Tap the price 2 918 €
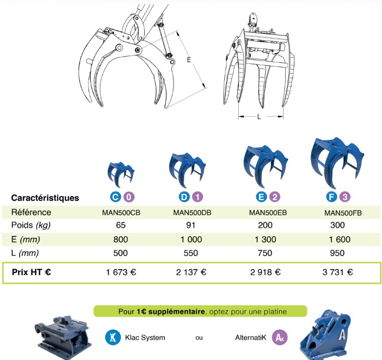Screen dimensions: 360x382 (x=265, y=273)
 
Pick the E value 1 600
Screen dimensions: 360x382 (x=337, y=239)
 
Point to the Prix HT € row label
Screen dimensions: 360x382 (x=32, y=273)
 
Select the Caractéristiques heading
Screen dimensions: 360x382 (x=45, y=198)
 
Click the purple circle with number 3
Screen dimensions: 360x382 (x=345, y=197)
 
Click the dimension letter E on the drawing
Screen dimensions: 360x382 (x=189, y=60)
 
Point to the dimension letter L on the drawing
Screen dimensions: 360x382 (x=259, y=117)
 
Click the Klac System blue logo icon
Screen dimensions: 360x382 (x=113, y=337)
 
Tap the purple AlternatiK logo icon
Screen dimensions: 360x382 (x=279, y=337)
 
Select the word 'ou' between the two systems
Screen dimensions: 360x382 (x=199, y=338)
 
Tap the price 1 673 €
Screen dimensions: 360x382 (x=121, y=273)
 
